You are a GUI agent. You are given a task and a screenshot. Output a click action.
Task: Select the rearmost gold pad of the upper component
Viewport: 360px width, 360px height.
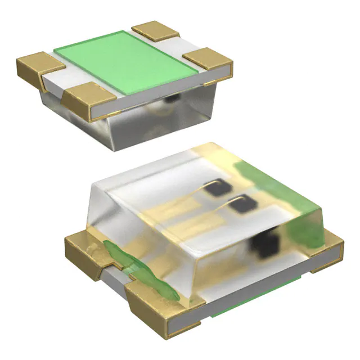155,30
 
